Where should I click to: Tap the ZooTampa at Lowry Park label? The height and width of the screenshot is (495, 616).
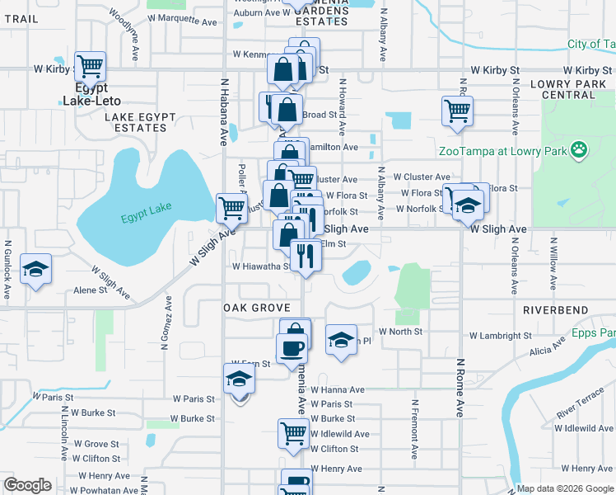click(502, 151)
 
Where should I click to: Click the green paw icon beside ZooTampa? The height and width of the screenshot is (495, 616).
click(580, 150)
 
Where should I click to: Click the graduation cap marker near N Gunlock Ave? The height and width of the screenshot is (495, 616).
click(36, 271)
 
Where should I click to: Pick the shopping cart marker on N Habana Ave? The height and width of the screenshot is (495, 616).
click(232, 208)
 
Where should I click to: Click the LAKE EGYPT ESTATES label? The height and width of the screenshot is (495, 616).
click(136, 122)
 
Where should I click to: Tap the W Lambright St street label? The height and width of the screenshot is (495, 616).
click(501, 336)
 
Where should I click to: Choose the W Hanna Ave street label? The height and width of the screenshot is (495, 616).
click(337, 389)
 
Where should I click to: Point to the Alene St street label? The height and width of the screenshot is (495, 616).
click(91, 290)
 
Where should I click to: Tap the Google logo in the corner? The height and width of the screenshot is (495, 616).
click(27, 485)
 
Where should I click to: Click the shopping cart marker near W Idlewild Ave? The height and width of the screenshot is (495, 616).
click(293, 433)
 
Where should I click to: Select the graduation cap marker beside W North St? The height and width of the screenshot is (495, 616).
click(340, 340)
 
